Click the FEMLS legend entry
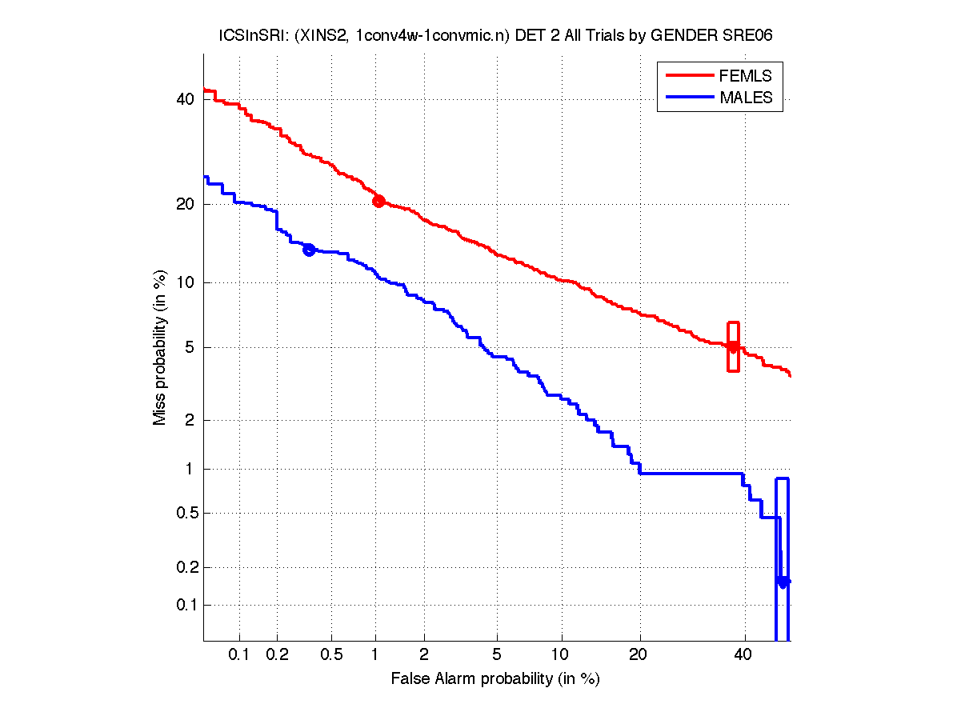pyautogui.click(x=745, y=75)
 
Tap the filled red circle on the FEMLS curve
pyautogui.click(x=378, y=201)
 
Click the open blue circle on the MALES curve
pyautogui.click(x=308, y=250)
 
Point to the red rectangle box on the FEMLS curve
pyautogui.click(x=733, y=346)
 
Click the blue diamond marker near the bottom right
pyautogui.click(x=783, y=582)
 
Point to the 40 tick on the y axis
pyautogui.click(x=185, y=99)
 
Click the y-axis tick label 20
pyautogui.click(x=185, y=204)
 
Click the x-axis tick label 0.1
pyautogui.click(x=239, y=654)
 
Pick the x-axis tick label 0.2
pyautogui.click(x=277, y=654)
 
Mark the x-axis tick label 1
pyautogui.click(x=375, y=654)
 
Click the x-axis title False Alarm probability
pyautogui.click(x=495, y=679)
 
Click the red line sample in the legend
pyautogui.click(x=689, y=75)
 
